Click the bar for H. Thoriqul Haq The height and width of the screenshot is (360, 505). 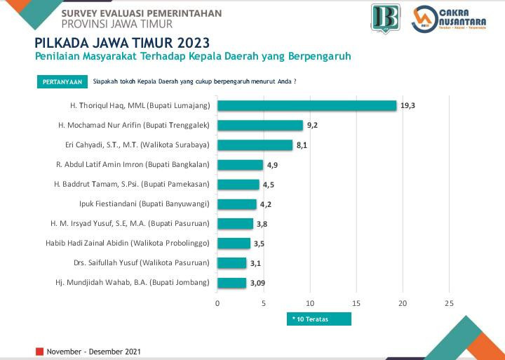point(307,105)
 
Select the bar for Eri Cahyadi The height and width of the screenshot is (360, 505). point(255,145)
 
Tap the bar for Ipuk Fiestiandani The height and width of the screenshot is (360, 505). point(237,204)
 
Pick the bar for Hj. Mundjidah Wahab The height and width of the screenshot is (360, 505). point(231,283)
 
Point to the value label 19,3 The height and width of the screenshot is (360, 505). point(408,105)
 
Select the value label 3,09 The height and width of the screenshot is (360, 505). point(258,283)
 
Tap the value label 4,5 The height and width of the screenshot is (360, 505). point(269,185)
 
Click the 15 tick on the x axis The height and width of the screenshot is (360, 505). point(356,303)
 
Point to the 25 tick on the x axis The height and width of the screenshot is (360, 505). point(449,303)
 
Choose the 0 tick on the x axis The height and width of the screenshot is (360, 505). point(217,303)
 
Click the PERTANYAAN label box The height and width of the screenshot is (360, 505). point(62,81)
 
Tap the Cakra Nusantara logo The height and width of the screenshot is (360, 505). point(450,20)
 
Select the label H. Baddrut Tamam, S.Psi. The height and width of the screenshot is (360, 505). point(132,185)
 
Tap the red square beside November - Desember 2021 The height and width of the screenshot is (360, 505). point(40,350)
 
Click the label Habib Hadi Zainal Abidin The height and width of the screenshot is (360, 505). point(133,244)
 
